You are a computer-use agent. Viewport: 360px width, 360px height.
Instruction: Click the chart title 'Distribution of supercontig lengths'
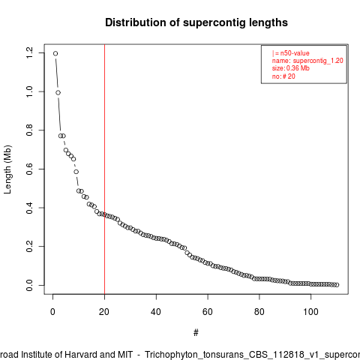[196, 22]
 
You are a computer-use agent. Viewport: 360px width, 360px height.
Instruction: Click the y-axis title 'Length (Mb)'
[7, 169]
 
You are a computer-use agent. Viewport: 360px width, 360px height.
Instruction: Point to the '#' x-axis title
[196, 333]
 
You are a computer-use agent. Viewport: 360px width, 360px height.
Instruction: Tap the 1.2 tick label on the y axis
[29, 52]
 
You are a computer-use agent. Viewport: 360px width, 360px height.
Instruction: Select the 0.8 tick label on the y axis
[29, 130]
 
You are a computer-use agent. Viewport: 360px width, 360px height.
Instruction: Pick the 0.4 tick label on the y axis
[29, 208]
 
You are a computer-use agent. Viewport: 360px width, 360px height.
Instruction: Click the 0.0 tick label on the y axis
[29, 285]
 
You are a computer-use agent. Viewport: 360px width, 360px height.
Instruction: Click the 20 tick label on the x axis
[104, 312]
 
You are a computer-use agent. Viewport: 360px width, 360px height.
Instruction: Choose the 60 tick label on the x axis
[208, 312]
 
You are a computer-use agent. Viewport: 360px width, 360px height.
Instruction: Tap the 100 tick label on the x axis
[310, 312]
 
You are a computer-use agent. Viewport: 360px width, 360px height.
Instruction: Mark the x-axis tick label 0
[52, 312]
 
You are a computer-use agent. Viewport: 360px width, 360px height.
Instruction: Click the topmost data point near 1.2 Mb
[55, 53]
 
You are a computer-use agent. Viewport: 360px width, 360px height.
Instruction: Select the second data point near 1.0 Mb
[58, 93]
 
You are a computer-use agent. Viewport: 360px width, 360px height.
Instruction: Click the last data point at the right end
[337, 285]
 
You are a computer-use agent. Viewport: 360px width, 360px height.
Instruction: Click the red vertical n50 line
[104, 169]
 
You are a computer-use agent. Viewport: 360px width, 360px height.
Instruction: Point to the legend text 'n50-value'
[295, 53]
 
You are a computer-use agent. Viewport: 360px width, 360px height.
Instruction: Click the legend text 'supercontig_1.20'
[318, 61]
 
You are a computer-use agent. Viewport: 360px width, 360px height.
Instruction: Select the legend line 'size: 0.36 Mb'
[291, 68]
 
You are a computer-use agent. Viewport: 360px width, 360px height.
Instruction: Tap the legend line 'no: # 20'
[283, 76]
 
